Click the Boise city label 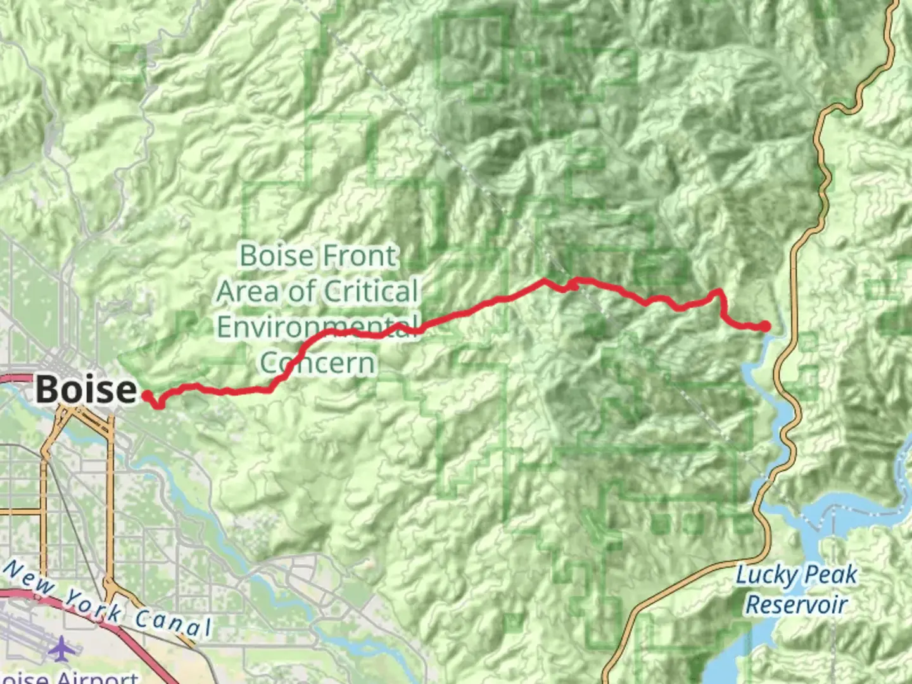pos(85,388)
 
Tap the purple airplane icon pos(61,649)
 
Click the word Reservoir pos(796,604)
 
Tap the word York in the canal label pos(94,605)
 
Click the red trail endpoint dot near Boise pos(146,396)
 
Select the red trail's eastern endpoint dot pos(766,326)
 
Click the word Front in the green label pos(359,256)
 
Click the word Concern pos(318,362)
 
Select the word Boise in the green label pos(277,256)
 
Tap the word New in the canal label pos(30,578)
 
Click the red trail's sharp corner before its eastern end pos(719,292)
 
